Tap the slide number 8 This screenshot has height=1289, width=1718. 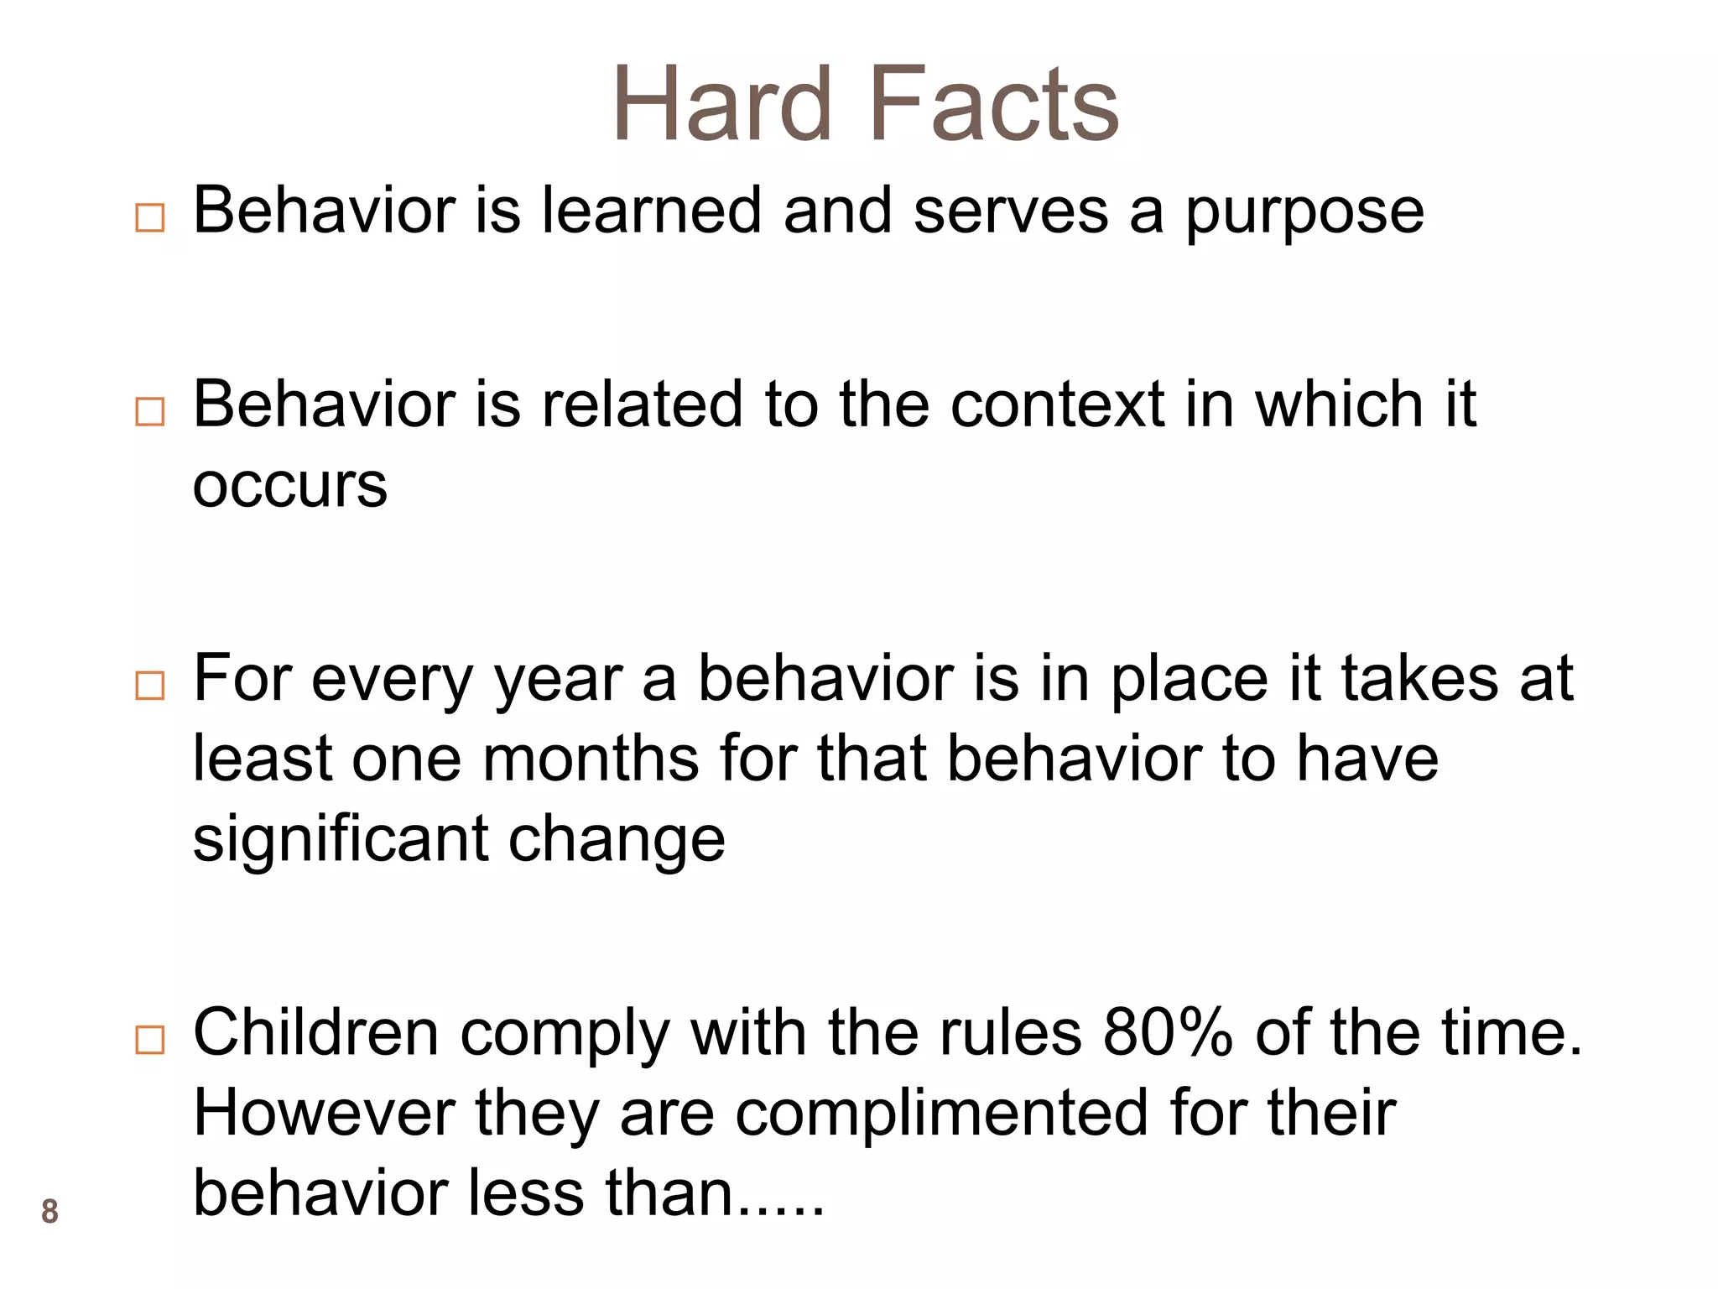(49, 1212)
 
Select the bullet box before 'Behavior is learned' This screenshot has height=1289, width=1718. (149, 218)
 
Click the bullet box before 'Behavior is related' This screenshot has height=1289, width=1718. (149, 411)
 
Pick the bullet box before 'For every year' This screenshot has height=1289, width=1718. (149, 686)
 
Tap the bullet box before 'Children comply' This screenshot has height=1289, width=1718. (149, 1041)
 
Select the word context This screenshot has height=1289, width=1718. (1058, 404)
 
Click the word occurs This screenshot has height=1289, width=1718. (289, 487)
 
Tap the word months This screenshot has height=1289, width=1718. (591, 759)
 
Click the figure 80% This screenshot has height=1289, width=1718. (1167, 1032)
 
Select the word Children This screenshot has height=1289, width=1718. (316, 1032)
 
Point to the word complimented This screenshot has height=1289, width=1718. (941, 1114)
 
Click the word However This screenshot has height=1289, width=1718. (324, 1114)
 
